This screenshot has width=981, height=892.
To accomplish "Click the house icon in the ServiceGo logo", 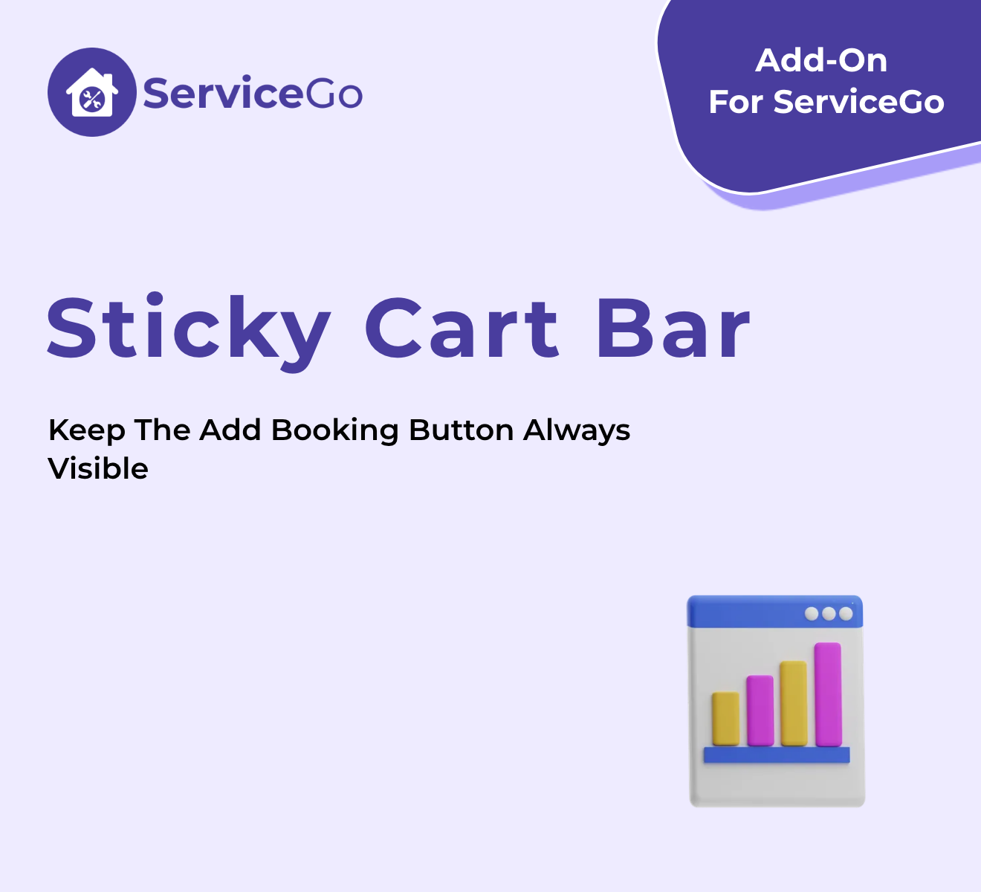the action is (92, 92).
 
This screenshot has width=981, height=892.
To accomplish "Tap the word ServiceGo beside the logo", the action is (253, 92).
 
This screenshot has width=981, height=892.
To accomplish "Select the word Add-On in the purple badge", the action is (821, 61).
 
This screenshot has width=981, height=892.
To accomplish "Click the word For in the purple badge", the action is (736, 102).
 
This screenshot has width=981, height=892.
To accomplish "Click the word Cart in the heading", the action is (462, 328).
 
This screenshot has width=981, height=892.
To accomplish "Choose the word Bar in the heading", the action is (673, 328).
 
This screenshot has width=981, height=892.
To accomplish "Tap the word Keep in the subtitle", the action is (86, 431).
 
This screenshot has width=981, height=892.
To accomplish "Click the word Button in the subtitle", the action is (462, 430).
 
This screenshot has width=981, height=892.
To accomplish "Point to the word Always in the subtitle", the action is (577, 431).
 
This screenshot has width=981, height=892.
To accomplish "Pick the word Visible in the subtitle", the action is (98, 468).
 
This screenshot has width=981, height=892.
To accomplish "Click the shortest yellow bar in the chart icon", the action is (726, 718).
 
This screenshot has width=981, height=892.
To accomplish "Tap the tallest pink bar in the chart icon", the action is (828, 694).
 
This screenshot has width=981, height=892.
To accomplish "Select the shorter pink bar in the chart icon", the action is (760, 711).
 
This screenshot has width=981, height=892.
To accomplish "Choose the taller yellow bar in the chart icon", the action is (794, 703).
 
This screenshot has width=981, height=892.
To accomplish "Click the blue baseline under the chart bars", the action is (777, 754).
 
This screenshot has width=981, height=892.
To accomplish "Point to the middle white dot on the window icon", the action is (829, 613).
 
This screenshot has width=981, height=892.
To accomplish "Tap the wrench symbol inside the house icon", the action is (92, 100).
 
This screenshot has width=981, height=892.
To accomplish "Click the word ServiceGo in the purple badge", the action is (858, 102).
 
